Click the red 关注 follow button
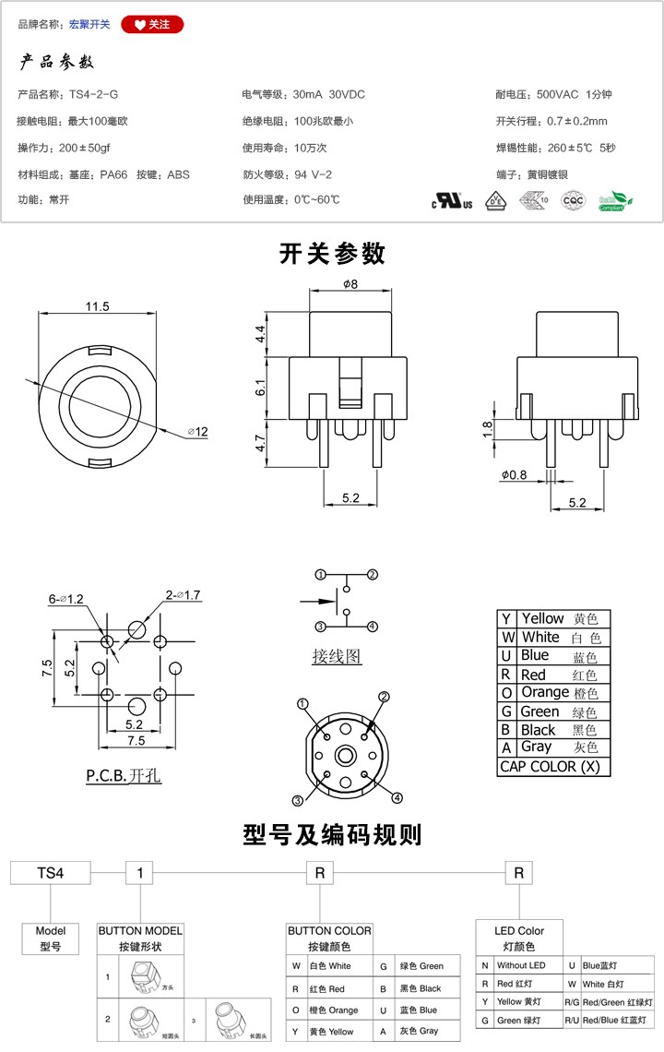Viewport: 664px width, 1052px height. click(x=152, y=25)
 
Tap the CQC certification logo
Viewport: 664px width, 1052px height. click(x=574, y=200)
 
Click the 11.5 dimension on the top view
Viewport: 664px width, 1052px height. click(x=97, y=306)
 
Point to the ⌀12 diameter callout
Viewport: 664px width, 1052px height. click(x=197, y=432)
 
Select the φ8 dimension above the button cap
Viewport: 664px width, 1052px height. click(x=350, y=284)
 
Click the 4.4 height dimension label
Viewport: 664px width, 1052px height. click(x=261, y=334)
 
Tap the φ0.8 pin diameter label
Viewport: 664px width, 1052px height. click(x=515, y=475)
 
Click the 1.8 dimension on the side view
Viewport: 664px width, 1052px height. click(x=486, y=428)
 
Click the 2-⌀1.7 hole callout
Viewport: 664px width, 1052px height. click(x=183, y=595)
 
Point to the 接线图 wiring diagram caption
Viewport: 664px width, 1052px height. click(x=337, y=657)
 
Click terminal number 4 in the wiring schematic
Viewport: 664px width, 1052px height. click(x=373, y=627)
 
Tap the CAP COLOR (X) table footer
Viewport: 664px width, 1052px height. click(x=550, y=766)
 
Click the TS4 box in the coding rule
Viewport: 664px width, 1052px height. click(x=50, y=872)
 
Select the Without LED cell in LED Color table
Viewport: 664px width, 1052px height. click(x=521, y=965)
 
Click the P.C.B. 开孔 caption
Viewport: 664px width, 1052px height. click(x=124, y=776)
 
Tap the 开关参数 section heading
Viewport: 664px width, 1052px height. click(x=332, y=254)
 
